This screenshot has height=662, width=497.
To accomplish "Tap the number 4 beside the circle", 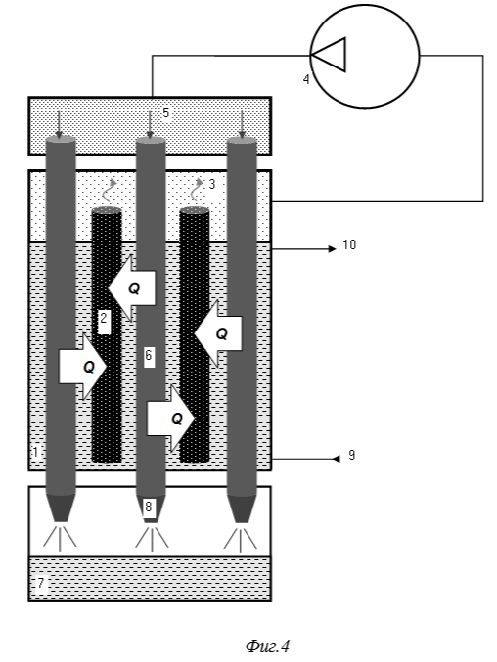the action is (306, 79).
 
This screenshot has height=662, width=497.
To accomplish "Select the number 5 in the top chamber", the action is (166, 112).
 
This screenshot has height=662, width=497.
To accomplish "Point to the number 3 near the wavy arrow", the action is (212, 184).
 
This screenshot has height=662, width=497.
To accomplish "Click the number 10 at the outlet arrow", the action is (349, 244).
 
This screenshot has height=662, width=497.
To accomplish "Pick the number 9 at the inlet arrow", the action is (352, 455).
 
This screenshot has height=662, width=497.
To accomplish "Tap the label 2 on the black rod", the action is (104, 318).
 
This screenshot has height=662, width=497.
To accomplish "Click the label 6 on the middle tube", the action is (148, 355).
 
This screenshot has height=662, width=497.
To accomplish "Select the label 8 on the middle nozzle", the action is (148, 507).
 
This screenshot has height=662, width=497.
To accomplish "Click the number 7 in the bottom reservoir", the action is (40, 583).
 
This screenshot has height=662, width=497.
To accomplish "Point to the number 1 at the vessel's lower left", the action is (36, 452).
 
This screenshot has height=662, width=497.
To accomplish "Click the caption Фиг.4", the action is (268, 646).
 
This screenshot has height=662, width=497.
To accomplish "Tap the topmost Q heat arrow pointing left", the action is (132, 288).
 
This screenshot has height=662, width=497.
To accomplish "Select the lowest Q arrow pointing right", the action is (170, 419).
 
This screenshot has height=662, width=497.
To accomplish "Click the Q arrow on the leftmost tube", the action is (82, 367).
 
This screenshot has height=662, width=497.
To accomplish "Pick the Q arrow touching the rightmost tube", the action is (218, 333).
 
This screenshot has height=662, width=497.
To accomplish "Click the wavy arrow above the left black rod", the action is (112, 190).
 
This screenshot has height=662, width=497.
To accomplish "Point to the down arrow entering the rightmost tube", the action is (242, 125).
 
